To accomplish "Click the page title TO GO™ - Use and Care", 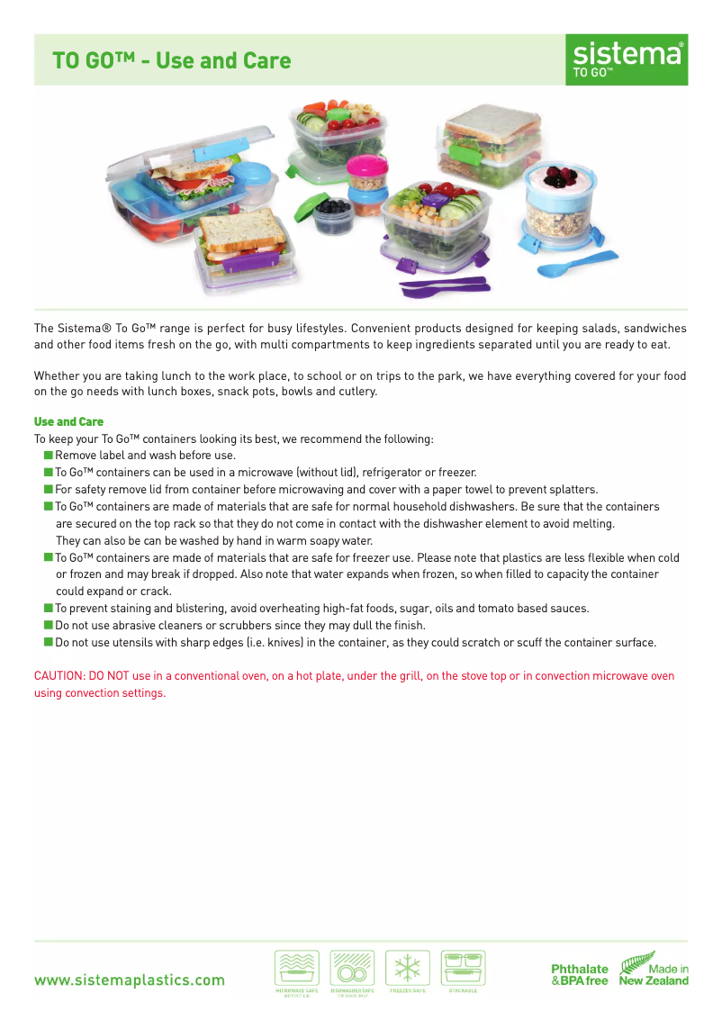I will coord(171,61).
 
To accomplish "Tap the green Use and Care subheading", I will coord(68,421).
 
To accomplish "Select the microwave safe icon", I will coord(295,969).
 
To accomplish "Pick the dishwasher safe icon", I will coord(352,969).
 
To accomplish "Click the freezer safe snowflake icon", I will coord(408,969).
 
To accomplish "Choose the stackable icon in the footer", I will coord(463,969).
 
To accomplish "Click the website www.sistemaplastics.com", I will coord(130,980).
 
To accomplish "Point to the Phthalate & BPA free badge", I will coord(580,975).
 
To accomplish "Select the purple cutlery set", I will coord(444,286).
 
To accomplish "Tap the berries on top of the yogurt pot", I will coord(555,176).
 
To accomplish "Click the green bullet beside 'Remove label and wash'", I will coord(48,456).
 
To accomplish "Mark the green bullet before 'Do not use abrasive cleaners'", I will coord(48,626).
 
